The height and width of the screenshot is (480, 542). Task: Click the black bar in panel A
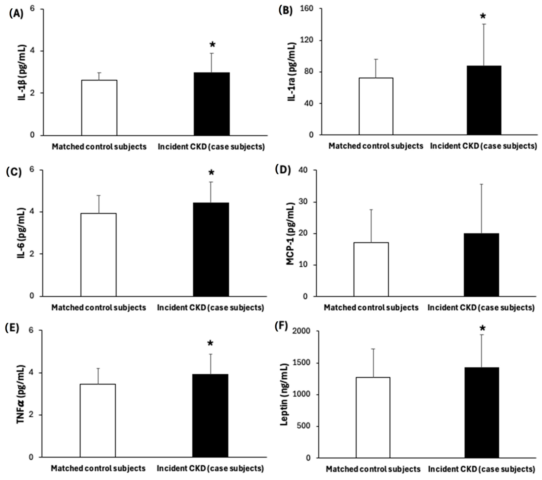click(212, 104)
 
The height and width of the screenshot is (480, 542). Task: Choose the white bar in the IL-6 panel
click(98, 255)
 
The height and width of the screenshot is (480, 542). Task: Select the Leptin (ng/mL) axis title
click(284, 394)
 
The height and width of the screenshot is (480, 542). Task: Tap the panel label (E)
click(12, 328)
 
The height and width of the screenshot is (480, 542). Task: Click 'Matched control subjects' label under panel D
click(371, 308)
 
